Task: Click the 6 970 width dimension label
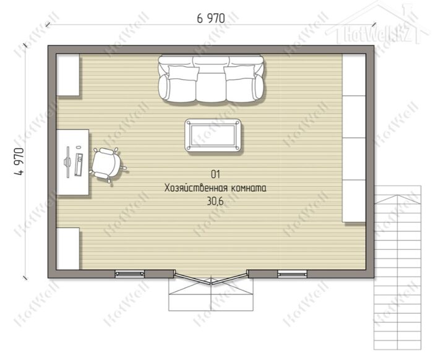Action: click(x=211, y=19)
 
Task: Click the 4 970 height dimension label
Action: click(x=19, y=162)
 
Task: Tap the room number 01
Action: click(x=215, y=174)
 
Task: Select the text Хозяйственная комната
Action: click(x=215, y=188)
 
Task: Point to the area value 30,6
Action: click(x=215, y=202)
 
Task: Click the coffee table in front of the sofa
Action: click(x=213, y=135)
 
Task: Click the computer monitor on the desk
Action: click(x=67, y=162)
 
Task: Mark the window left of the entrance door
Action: click(x=130, y=273)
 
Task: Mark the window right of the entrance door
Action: click(x=292, y=273)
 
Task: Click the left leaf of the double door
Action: click(x=192, y=278)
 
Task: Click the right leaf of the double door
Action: click(x=229, y=278)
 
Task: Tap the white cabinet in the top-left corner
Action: click(x=68, y=75)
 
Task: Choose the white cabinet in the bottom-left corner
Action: click(x=68, y=249)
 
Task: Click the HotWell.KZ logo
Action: click(x=379, y=33)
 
